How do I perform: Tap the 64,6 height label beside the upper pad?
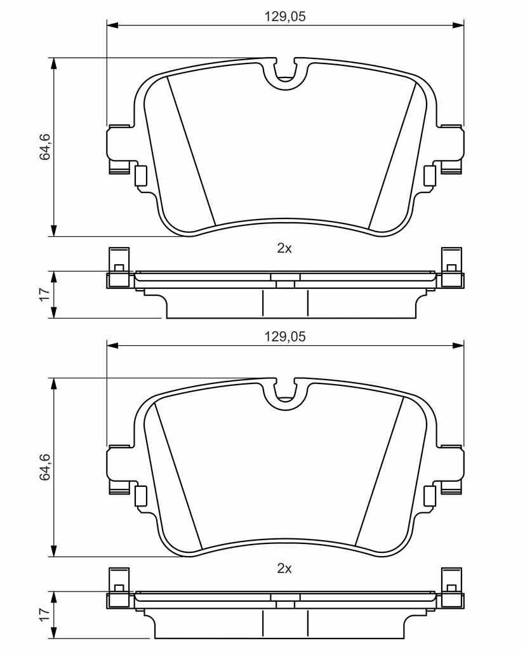pyautogui.click(x=45, y=147)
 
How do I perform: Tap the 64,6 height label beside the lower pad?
pyautogui.click(x=45, y=467)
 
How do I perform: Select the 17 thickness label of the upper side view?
pyautogui.click(x=45, y=295)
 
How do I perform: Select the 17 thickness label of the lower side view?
pyautogui.click(x=45, y=614)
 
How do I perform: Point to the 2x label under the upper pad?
pyautogui.click(x=284, y=249)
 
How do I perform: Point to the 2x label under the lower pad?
pyautogui.click(x=284, y=569)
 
